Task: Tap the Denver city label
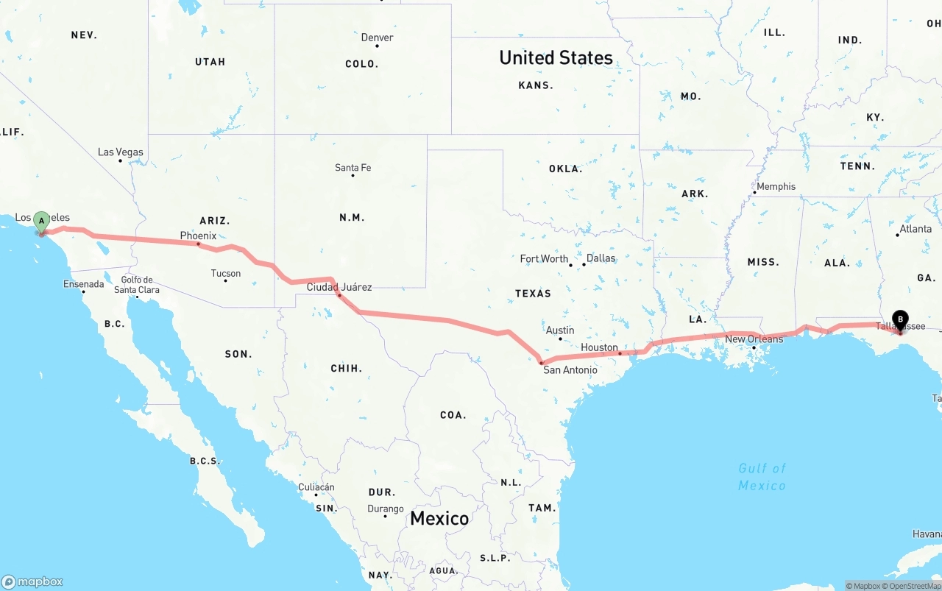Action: click(377, 38)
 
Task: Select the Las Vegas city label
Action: click(121, 152)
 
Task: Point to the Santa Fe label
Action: click(353, 168)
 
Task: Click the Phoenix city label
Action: click(198, 236)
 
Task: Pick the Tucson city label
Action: click(225, 273)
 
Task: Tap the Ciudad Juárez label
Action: click(339, 287)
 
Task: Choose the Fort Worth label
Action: click(544, 258)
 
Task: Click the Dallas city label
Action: click(601, 258)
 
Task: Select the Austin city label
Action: click(560, 330)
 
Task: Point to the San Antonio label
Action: click(570, 369)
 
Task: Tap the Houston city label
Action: click(599, 347)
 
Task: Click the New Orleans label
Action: click(754, 339)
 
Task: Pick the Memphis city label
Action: click(776, 186)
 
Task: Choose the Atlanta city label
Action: click(916, 229)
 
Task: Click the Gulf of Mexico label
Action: click(762, 476)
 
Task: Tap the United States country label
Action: click(556, 57)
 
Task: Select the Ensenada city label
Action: click(83, 284)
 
